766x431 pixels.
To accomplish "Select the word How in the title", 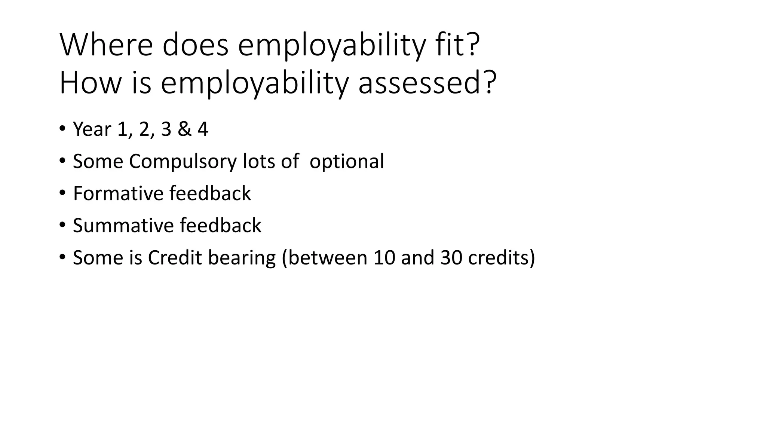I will tap(90, 83).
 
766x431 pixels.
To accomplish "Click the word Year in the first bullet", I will tap(92, 129).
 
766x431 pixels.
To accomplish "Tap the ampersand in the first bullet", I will tap(184, 129).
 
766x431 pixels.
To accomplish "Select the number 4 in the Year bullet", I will tap(203, 129).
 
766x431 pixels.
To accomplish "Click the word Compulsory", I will tap(183, 162).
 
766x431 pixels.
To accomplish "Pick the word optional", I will tap(347, 162).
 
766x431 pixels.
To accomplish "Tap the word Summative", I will tap(123, 226).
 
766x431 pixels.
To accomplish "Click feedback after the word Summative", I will tap(220, 226).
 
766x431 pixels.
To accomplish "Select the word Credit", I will tap(175, 258).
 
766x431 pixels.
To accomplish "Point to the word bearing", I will tap(242, 258).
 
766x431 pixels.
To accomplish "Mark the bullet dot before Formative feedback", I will tap(62, 193).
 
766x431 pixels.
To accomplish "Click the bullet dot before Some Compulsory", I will tap(62, 161).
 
